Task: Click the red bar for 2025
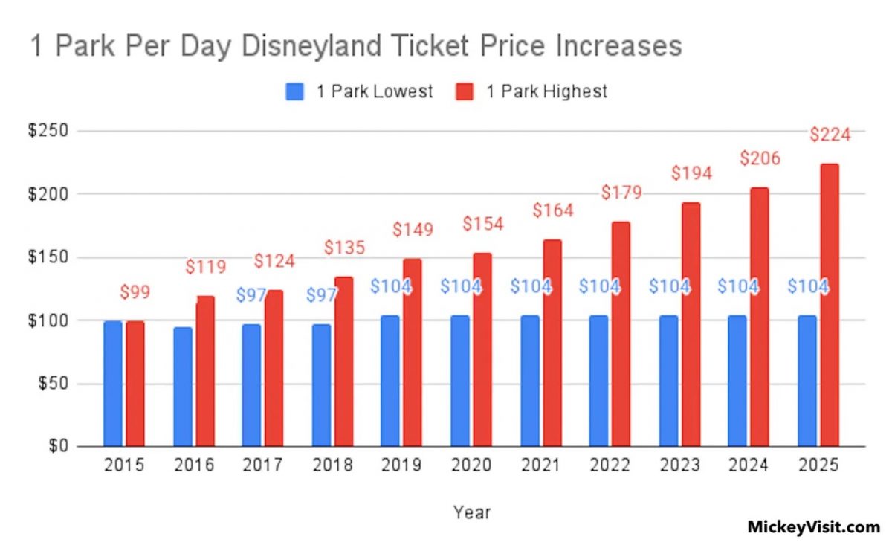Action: [x=830, y=305]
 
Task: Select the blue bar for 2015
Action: [x=113, y=384]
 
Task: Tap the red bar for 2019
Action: [x=413, y=352]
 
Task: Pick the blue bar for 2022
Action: [x=598, y=381]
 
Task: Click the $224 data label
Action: [x=830, y=135]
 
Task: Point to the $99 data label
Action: [x=135, y=292]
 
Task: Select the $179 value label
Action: [x=621, y=193]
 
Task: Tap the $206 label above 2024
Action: [x=760, y=158]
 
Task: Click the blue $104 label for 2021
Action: [x=530, y=286]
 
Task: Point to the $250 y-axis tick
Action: [x=48, y=132]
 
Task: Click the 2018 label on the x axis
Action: [x=333, y=466]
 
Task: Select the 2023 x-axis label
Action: [x=680, y=466]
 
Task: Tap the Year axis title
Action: [x=472, y=512]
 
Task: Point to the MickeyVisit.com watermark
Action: [x=813, y=526]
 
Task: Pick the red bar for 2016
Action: [x=205, y=372]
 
